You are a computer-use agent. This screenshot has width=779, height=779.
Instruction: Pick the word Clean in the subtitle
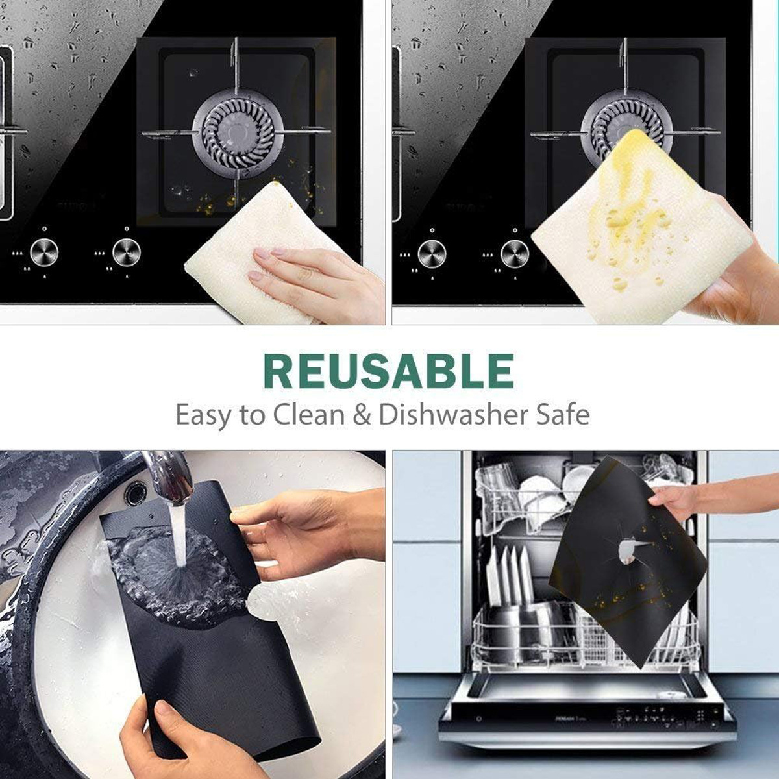[308, 414]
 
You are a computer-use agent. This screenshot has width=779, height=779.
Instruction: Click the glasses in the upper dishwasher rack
[500, 480]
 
